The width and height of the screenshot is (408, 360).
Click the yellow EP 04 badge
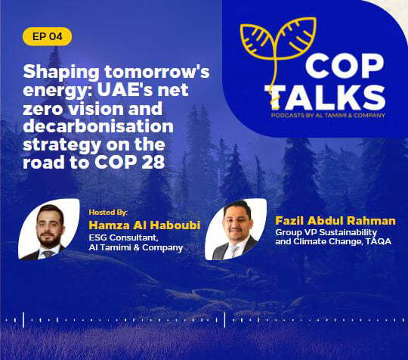pyautogui.click(x=47, y=36)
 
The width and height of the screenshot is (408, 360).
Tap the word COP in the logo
pyautogui.click(x=345, y=67)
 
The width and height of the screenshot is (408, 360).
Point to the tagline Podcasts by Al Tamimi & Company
pyautogui.click(x=328, y=115)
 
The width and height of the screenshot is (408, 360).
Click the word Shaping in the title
pyautogui.click(x=61, y=73)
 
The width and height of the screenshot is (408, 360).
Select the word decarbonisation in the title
pyautogui.click(x=98, y=126)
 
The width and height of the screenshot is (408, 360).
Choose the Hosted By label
pyautogui.click(x=108, y=213)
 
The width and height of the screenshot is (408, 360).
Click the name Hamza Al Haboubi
pyautogui.click(x=144, y=225)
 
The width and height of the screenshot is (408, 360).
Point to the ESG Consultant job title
pyautogui.click(x=123, y=237)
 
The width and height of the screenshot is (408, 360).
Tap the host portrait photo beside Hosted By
pyautogui.click(x=48, y=229)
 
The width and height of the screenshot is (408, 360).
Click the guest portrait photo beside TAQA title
pyautogui.click(x=236, y=229)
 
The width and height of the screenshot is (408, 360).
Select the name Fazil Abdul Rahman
pyautogui.click(x=335, y=221)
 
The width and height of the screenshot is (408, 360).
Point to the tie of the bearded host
pyautogui.click(x=48, y=253)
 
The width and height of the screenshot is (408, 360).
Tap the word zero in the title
pyautogui.click(x=44, y=109)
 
